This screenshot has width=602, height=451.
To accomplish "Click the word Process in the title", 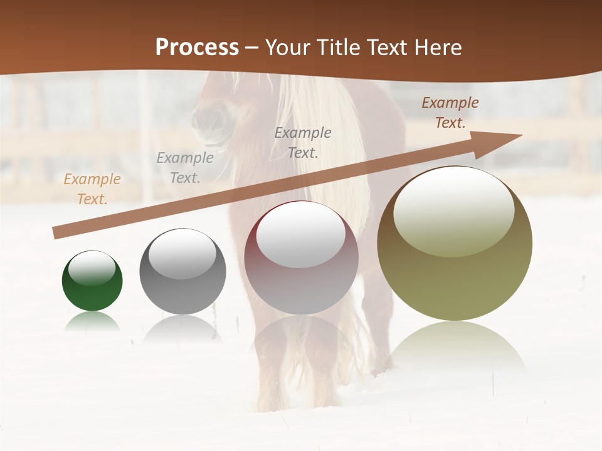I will (197, 48).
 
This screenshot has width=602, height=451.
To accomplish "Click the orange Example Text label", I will (92, 189).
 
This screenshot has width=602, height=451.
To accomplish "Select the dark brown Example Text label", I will (450, 113).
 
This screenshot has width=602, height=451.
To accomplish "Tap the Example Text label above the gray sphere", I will (184, 168).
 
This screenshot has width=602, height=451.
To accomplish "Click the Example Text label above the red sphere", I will (303, 142).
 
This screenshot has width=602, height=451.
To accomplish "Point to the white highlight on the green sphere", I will (92, 267).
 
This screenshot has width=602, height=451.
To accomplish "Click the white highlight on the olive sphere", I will (453, 210).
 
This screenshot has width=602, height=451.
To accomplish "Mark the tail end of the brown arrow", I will (56, 233).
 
